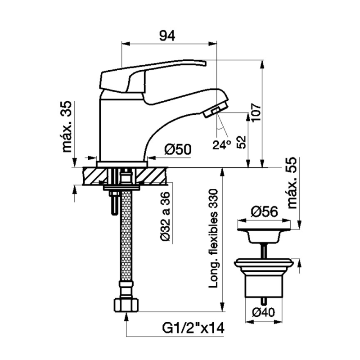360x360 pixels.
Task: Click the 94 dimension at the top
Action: point(167,36)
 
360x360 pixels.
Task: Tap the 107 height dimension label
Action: point(256,113)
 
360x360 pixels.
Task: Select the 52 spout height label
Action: point(241,142)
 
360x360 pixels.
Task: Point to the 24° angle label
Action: point(221,144)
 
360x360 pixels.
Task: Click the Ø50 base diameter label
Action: point(178,149)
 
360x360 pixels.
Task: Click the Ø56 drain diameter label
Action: point(264,211)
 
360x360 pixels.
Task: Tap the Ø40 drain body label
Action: point(263,312)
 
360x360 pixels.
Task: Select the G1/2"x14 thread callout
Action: point(193,328)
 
